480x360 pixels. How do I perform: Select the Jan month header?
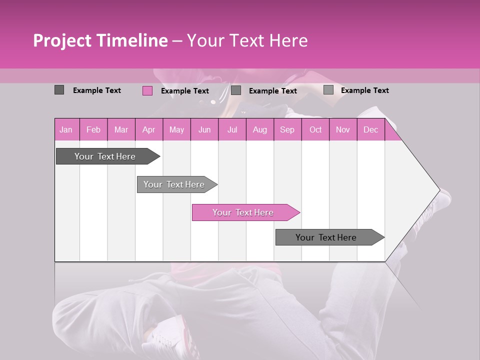(66, 129)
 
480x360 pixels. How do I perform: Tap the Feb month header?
(93, 129)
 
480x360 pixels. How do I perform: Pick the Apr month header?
(148, 129)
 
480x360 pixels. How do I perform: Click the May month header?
(176, 129)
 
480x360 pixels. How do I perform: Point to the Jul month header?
(232, 129)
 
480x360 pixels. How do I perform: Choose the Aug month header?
(260, 129)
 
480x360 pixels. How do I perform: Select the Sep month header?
(287, 129)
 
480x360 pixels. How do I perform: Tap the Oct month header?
(315, 129)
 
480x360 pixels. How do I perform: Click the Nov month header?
(343, 129)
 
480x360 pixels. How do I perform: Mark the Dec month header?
(370, 129)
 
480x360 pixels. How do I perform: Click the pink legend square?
(147, 90)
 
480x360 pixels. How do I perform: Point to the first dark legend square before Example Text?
(59, 90)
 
